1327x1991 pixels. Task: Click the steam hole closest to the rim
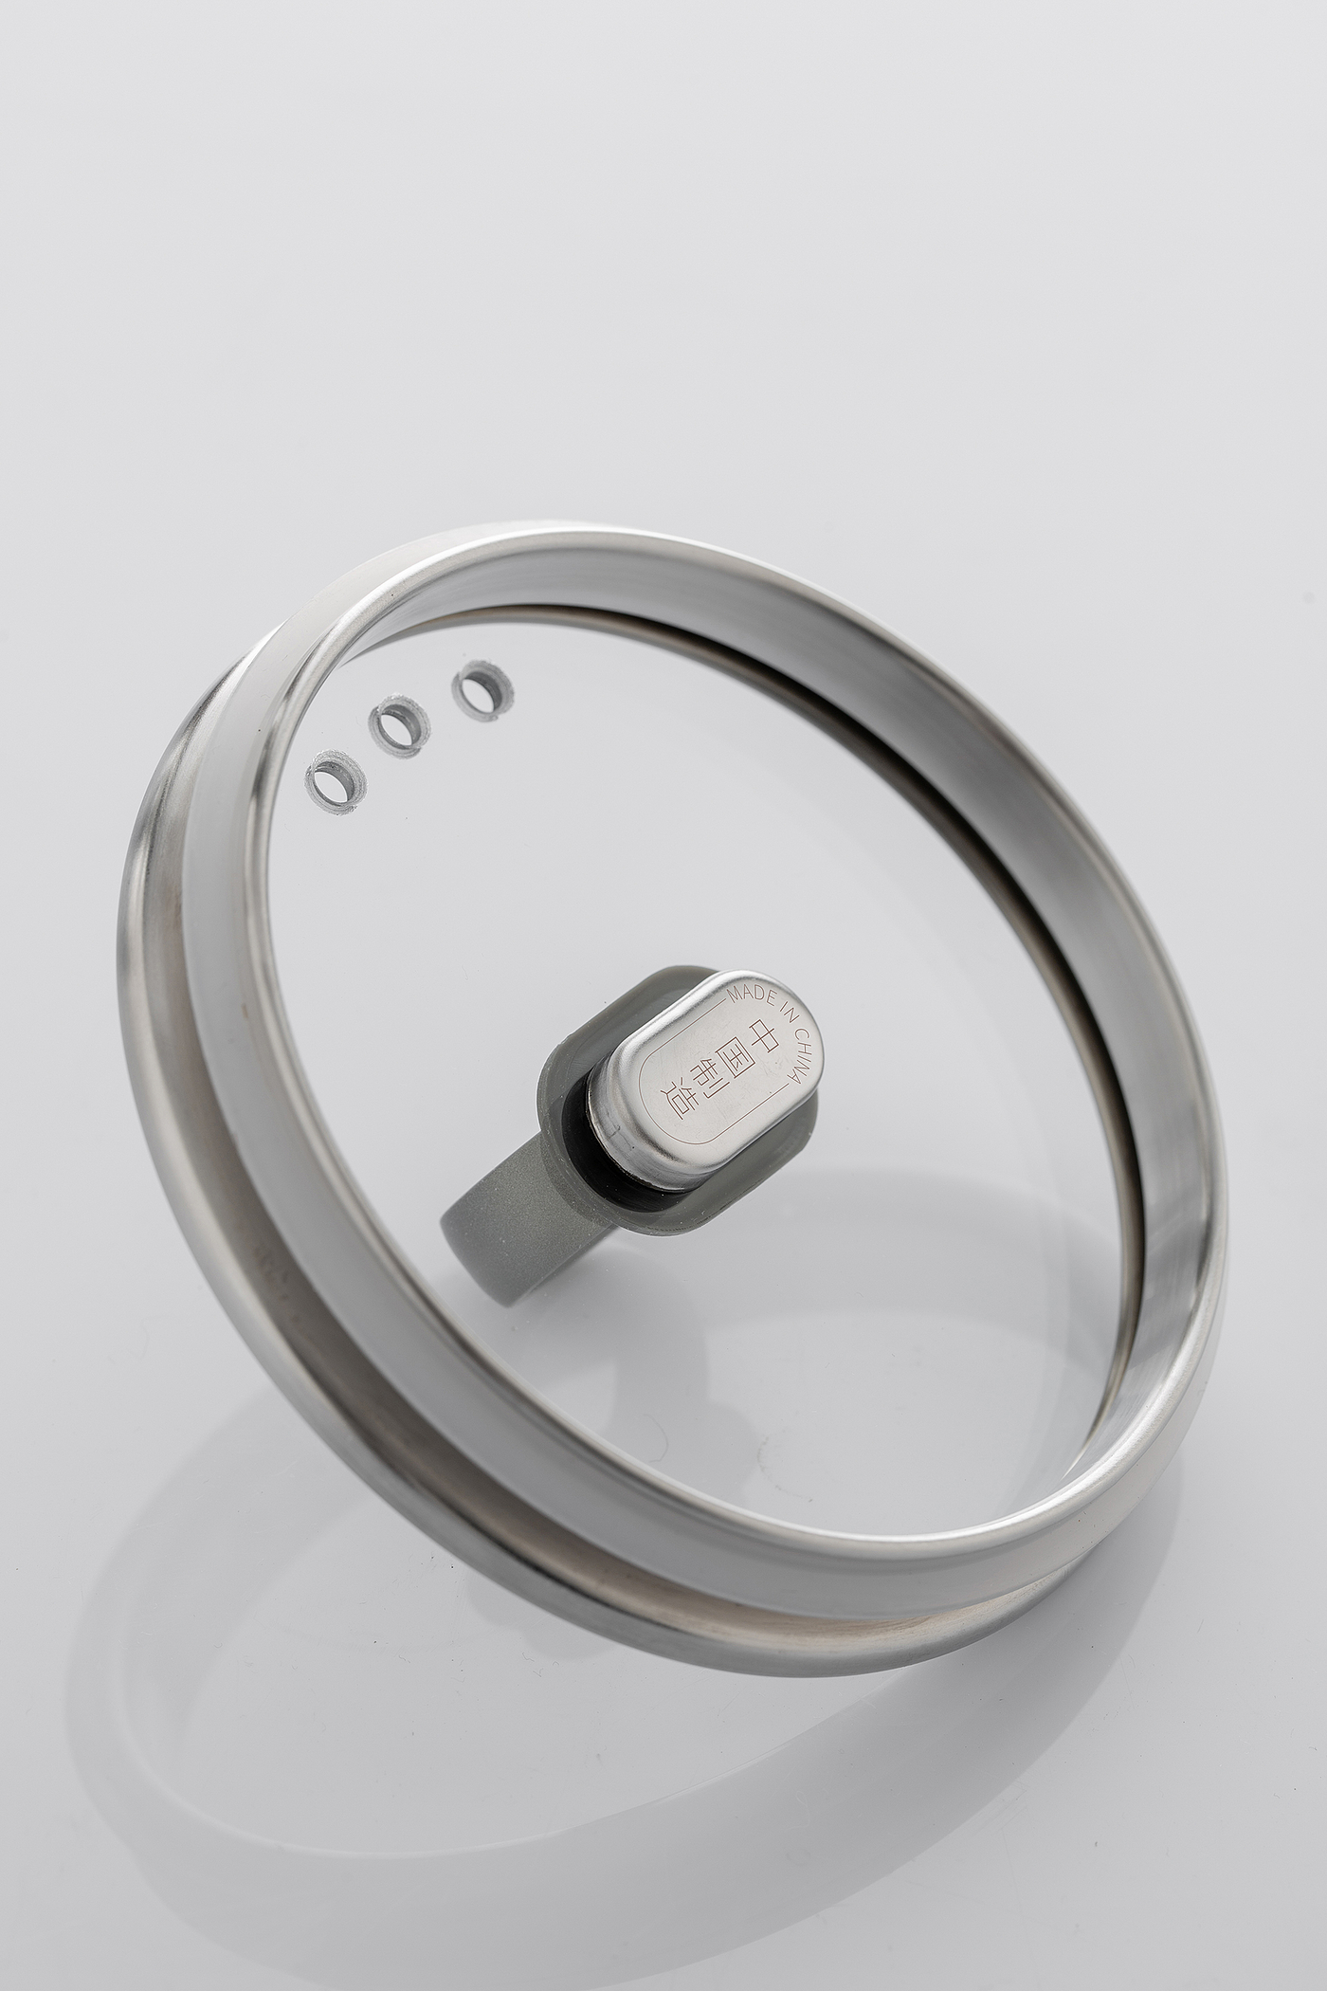coord(336,782)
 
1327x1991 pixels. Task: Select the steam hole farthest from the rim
coord(482,692)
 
